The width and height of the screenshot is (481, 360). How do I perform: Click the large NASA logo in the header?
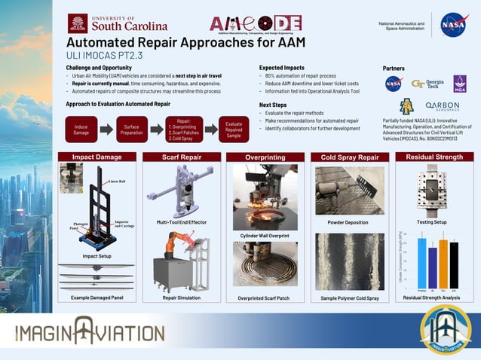(x=454, y=25)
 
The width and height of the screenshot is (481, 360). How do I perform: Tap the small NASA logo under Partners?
(x=394, y=84)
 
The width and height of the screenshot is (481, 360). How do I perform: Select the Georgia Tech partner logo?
(x=427, y=84)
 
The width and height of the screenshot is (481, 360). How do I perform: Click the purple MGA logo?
(x=459, y=84)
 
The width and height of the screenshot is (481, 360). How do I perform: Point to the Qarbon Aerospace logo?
(x=442, y=106)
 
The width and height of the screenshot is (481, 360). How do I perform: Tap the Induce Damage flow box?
(x=81, y=128)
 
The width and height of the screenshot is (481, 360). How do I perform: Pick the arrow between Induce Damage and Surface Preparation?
(x=106, y=129)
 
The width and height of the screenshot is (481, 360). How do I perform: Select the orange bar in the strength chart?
(x=443, y=264)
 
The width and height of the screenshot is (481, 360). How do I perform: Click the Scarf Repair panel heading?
(x=180, y=157)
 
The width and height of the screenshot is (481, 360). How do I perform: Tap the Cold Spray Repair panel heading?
(x=349, y=157)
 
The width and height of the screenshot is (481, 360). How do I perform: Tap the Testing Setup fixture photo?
(x=432, y=188)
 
